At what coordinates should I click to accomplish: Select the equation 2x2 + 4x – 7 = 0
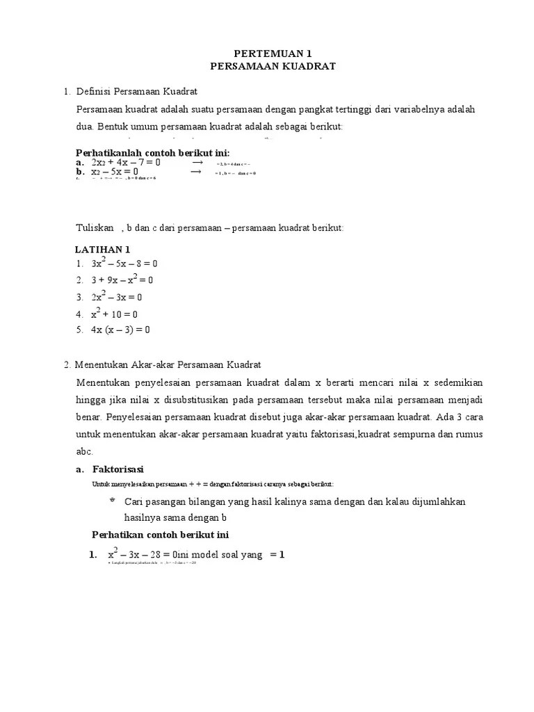pos(126,162)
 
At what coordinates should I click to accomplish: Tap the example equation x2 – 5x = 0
pos(115,171)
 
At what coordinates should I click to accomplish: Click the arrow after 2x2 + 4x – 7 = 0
pos(197,161)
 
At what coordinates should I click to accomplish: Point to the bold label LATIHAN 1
pos(102,249)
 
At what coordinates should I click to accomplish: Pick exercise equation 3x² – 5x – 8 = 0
pos(124,264)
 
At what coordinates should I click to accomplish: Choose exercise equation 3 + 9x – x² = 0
pos(122,280)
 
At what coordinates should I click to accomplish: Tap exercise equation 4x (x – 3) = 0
pos(120,330)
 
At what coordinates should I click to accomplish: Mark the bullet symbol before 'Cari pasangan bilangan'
pos(113,501)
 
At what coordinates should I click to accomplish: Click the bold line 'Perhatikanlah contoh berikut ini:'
pos(152,153)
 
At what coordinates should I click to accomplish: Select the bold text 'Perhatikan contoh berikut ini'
pos(161,535)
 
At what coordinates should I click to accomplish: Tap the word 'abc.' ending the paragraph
pos(84,451)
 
